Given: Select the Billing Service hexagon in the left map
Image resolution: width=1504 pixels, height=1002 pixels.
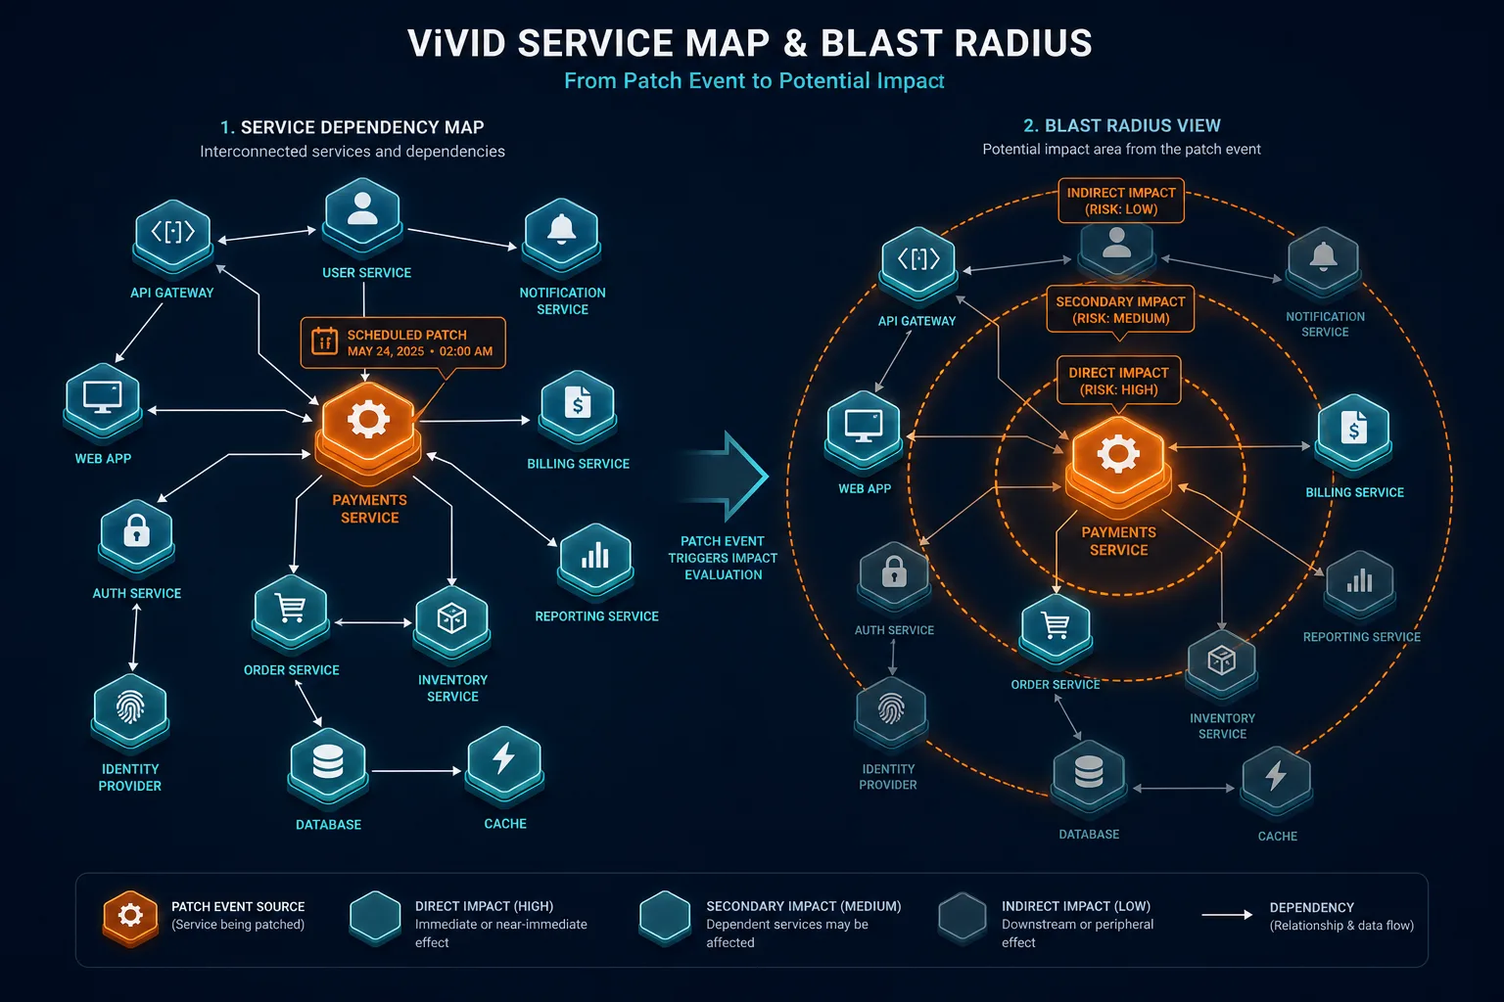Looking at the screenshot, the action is pyautogui.click(x=578, y=408).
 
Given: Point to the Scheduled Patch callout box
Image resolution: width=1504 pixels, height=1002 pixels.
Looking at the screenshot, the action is pyautogui.click(x=402, y=342).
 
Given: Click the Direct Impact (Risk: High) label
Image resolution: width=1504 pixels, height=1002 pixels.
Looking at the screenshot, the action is pyautogui.click(x=1118, y=381).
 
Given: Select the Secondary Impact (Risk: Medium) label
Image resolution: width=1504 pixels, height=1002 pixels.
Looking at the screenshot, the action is pyautogui.click(x=1120, y=309).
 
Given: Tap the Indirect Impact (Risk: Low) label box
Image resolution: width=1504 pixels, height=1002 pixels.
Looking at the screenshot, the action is pyautogui.click(x=1120, y=200).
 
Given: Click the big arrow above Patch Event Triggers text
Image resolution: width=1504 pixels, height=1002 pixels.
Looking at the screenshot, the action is pyautogui.click(x=728, y=477).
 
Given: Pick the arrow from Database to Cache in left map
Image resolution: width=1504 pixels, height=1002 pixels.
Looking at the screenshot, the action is pyautogui.click(x=416, y=771).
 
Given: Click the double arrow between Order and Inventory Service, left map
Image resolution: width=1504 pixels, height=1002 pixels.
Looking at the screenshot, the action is pyautogui.click(x=373, y=622).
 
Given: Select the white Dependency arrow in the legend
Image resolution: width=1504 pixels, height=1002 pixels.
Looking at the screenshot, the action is pyautogui.click(x=1227, y=915).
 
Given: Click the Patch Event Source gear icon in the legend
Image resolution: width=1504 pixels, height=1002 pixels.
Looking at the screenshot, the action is pyautogui.click(x=130, y=918).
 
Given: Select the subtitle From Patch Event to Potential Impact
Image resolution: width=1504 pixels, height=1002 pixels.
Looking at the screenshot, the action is pyautogui.click(x=754, y=80).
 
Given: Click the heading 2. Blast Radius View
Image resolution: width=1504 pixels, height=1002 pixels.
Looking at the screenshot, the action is pyautogui.click(x=1121, y=125).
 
